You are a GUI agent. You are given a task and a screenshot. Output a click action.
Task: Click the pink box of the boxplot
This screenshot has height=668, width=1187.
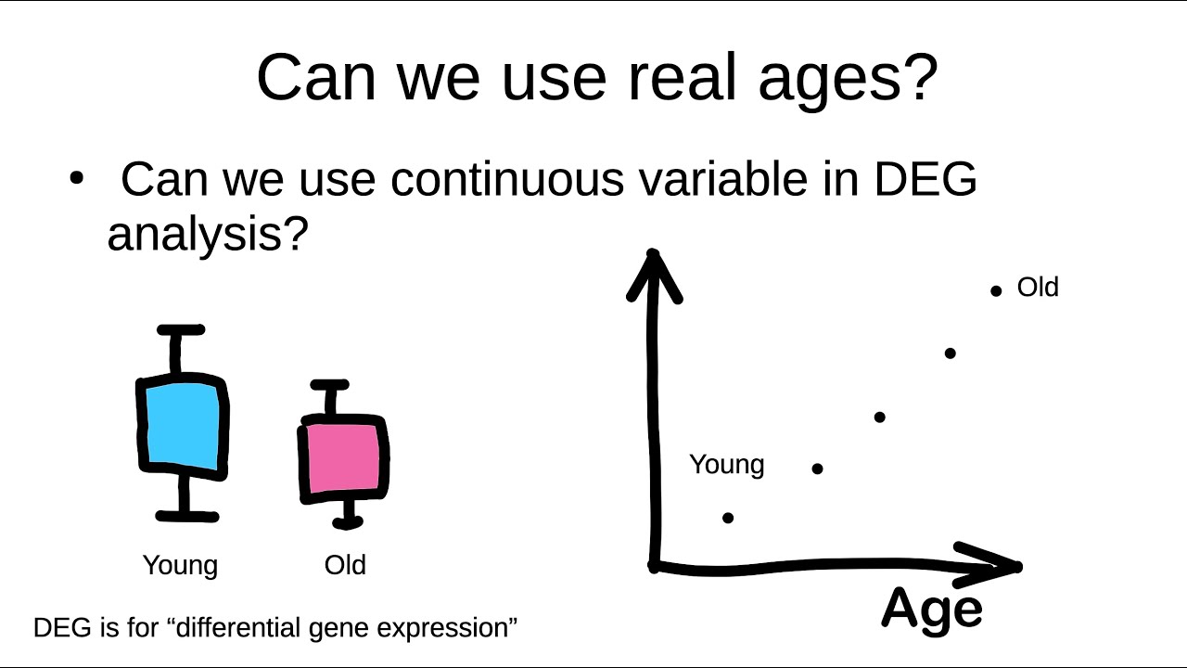pos(343,459)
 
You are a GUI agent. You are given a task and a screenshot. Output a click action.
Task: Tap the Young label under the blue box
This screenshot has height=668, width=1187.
pos(180,565)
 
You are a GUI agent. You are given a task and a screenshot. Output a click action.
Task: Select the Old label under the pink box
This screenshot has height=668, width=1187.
pos(345,565)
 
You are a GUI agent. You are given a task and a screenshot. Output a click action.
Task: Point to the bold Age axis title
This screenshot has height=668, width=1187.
pos(931,610)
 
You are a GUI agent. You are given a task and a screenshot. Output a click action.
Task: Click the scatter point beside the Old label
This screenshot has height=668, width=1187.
pos(996,290)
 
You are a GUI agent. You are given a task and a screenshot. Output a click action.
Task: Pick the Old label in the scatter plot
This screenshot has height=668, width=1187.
pos(1038,288)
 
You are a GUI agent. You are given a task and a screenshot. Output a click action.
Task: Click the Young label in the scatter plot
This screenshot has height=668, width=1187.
pos(726,464)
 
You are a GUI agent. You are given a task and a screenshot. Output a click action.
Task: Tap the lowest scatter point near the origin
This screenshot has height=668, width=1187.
pos(728,518)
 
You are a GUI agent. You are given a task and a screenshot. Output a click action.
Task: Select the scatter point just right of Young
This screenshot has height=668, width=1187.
pos(817,469)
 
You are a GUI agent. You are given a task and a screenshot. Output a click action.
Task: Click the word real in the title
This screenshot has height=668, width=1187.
pos(685,78)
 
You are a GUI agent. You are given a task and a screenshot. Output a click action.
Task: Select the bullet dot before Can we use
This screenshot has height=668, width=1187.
pos(77,177)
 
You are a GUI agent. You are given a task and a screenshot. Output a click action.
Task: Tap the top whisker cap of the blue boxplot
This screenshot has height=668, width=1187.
pos(181,330)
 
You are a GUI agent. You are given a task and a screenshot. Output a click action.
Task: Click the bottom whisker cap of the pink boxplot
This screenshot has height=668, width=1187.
pos(348,523)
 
